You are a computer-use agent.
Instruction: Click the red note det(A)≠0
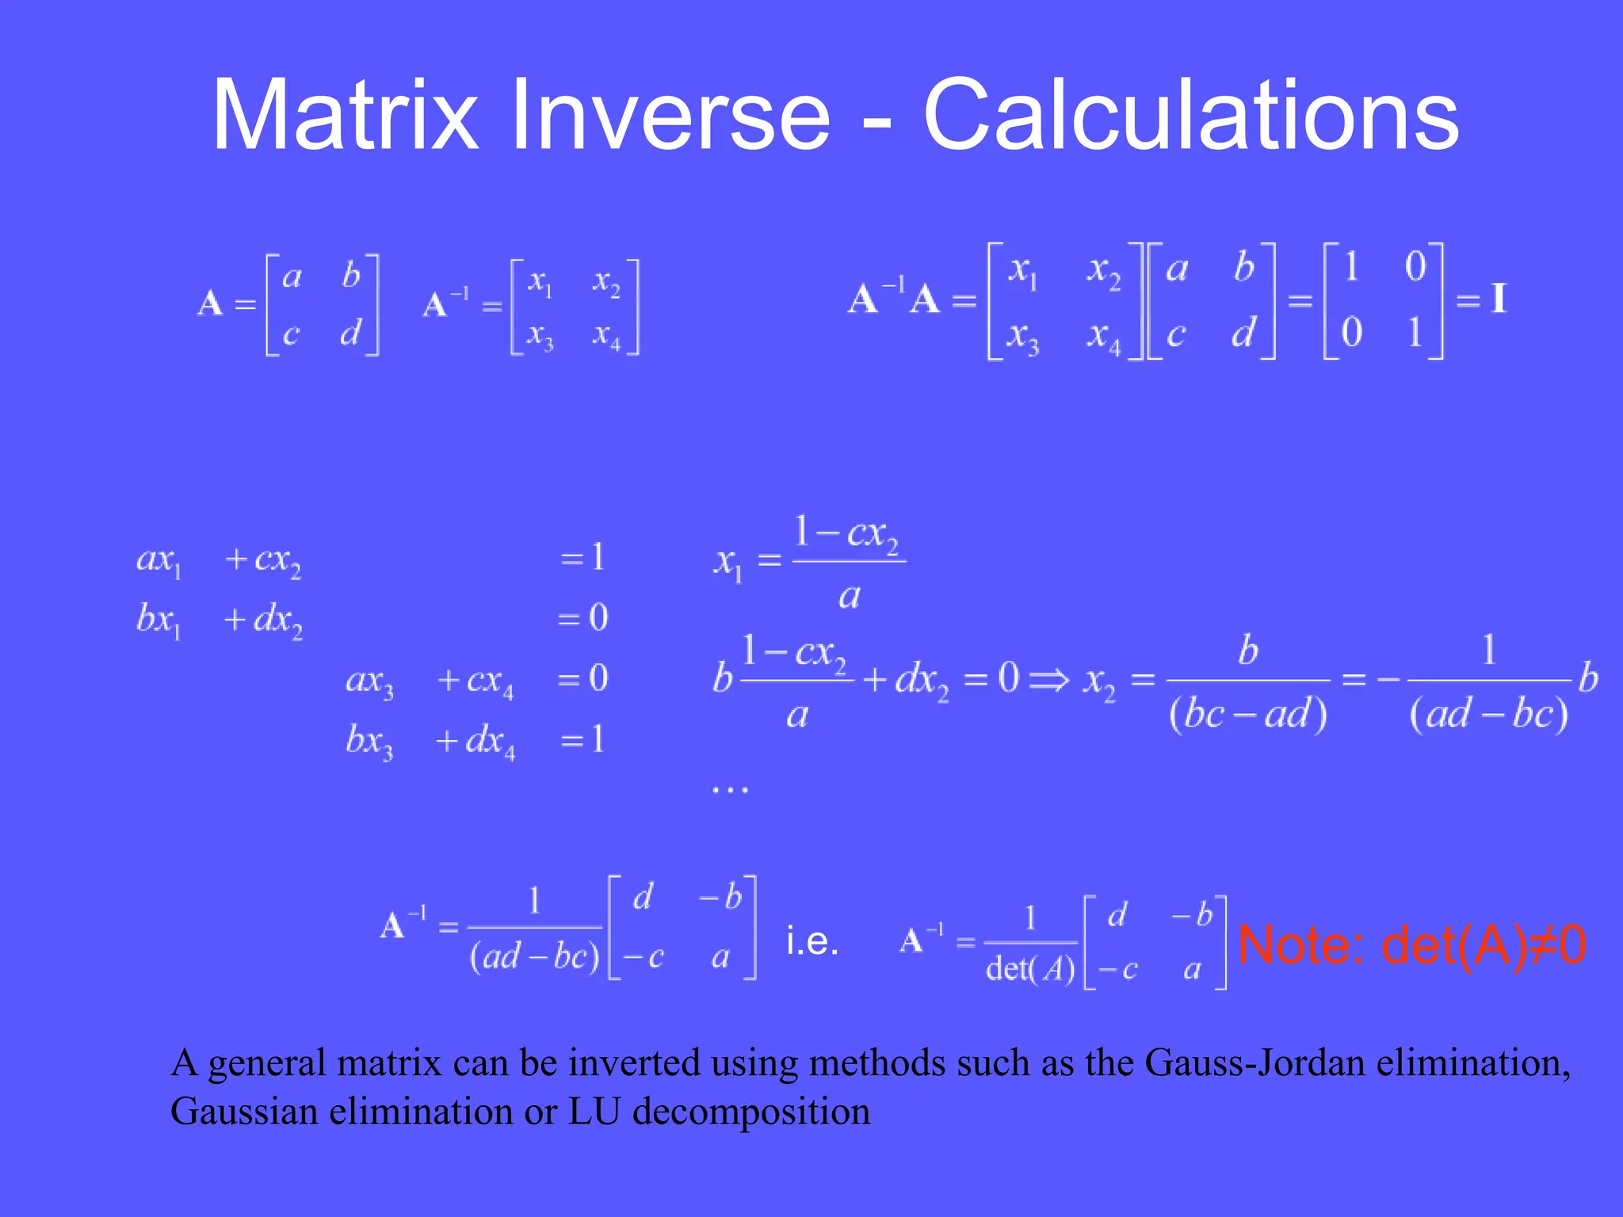[1411, 944]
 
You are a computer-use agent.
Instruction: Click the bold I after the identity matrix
[1498, 299]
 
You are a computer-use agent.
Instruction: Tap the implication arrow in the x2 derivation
[1048, 680]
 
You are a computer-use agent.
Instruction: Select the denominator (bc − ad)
[1248, 715]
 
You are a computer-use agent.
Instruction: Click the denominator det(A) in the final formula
[1030, 969]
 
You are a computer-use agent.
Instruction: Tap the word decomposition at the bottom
[751, 1112]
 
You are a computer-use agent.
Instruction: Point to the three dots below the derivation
[729, 789]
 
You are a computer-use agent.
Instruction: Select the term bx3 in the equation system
[369, 742]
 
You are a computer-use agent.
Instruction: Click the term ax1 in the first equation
[159, 560]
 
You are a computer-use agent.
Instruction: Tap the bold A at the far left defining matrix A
[210, 303]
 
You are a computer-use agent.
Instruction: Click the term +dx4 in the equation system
[475, 742]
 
